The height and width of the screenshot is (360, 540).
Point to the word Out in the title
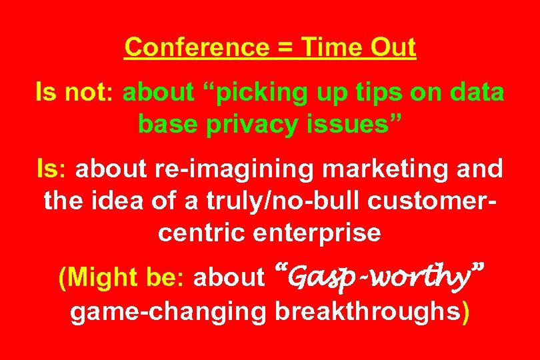pyautogui.click(x=393, y=48)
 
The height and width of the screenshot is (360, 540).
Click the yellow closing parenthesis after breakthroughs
pyautogui.click(x=465, y=312)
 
